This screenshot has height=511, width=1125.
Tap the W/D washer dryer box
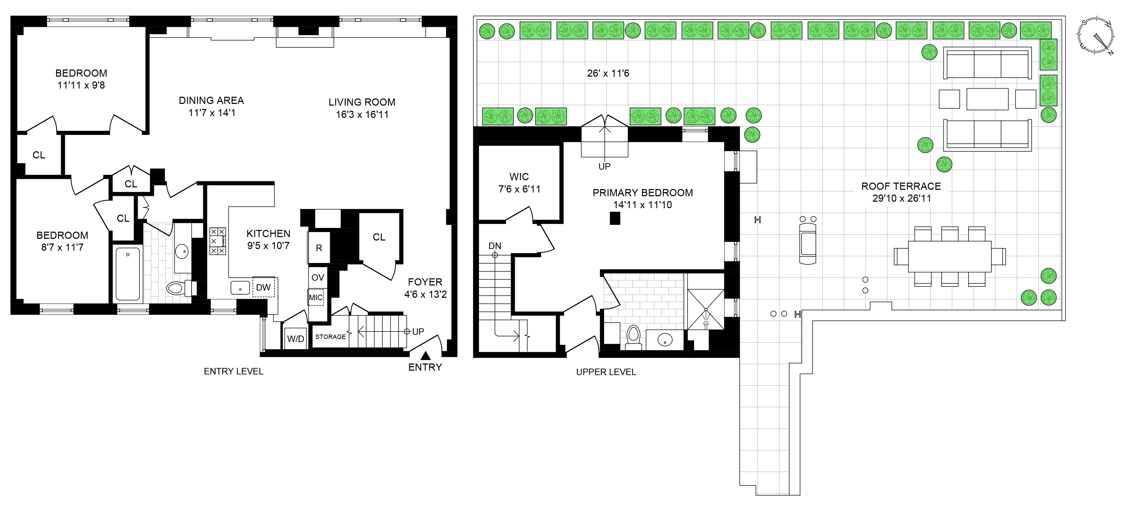pyautogui.click(x=296, y=339)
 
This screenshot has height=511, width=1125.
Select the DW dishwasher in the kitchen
pyautogui.click(x=263, y=287)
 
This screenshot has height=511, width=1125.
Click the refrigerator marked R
pyautogui.click(x=319, y=248)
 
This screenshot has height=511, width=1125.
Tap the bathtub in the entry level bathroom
pyautogui.click(x=127, y=274)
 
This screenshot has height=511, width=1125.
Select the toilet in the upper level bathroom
pyautogui.click(x=633, y=337)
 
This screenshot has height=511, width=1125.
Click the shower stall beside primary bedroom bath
pyautogui.click(x=706, y=309)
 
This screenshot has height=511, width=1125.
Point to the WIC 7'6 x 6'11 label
pyautogui.click(x=519, y=183)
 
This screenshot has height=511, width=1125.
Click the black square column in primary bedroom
pyautogui.click(x=615, y=218)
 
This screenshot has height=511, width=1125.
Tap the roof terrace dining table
pyautogui.click(x=949, y=257)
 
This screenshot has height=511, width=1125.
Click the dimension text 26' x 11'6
pyautogui.click(x=608, y=73)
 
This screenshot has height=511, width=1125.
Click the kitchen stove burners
pyautogui.click(x=217, y=241)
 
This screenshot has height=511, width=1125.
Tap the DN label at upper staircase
pyautogui.click(x=494, y=246)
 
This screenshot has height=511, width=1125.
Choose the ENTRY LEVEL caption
pyautogui.click(x=234, y=371)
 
